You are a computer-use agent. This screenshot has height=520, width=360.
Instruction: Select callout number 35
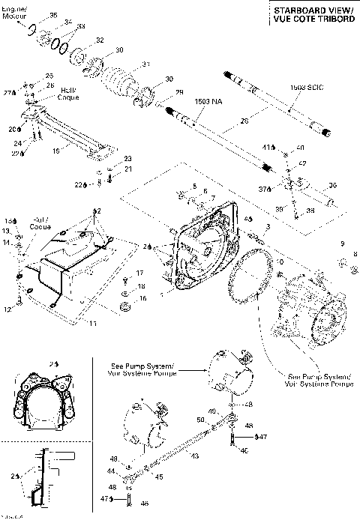(x=52, y=15)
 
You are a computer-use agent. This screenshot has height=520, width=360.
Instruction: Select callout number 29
(x=178, y=92)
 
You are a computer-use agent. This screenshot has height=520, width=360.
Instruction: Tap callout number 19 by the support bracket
(x=55, y=150)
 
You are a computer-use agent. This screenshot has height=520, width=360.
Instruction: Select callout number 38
(x=311, y=211)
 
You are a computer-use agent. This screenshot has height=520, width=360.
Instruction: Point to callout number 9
(x=342, y=244)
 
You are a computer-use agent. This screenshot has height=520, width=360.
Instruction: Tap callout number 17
(x=139, y=273)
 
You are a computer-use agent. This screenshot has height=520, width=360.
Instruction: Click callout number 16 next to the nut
(x=142, y=297)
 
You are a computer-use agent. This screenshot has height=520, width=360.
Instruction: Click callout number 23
(x=127, y=158)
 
